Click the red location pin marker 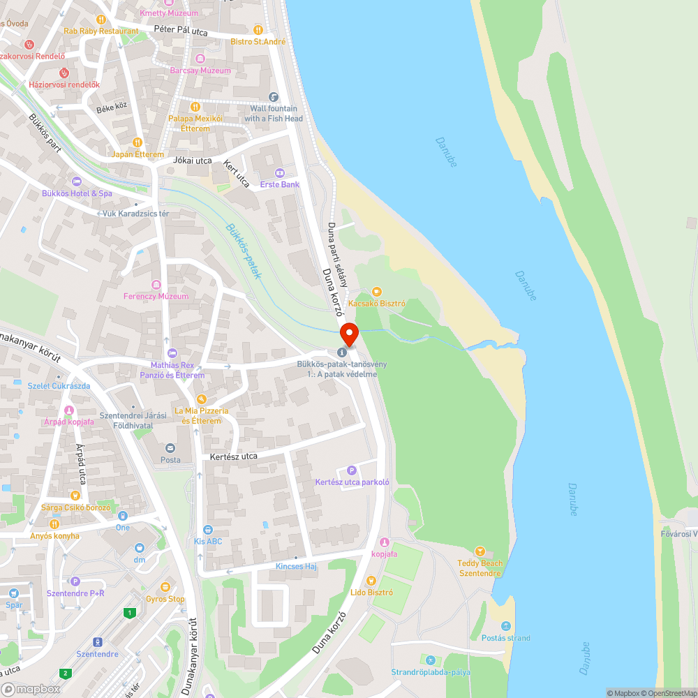[348, 334]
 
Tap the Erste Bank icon [280, 172]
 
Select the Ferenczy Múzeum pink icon [156, 284]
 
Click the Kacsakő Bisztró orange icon [377, 292]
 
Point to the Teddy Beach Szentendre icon [480, 551]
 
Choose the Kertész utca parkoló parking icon [352, 470]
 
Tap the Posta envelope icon [170, 448]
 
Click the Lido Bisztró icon [371, 581]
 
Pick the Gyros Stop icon [165, 587]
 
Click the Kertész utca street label [228, 456]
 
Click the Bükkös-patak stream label [244, 251]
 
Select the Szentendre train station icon [97, 642]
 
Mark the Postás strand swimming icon [506, 626]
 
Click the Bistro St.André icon [258, 30]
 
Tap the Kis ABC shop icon [207, 530]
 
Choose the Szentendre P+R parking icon [75, 581]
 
